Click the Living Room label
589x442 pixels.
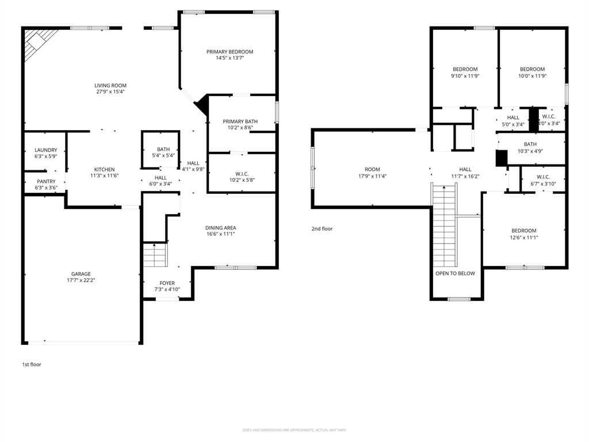110,86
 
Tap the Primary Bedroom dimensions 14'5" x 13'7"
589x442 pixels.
230,58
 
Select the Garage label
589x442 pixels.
81,274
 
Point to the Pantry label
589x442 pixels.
46,181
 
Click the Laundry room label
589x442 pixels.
45,150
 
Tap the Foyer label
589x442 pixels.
167,283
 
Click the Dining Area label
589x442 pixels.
220,228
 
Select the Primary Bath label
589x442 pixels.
240,121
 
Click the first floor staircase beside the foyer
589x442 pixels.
154,254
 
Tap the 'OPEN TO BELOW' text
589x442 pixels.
455,273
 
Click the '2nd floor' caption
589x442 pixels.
322,229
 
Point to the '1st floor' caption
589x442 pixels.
32,364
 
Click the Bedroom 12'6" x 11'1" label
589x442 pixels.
523,231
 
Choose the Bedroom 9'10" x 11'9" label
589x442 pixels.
465,70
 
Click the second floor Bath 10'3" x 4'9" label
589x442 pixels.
530,144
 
